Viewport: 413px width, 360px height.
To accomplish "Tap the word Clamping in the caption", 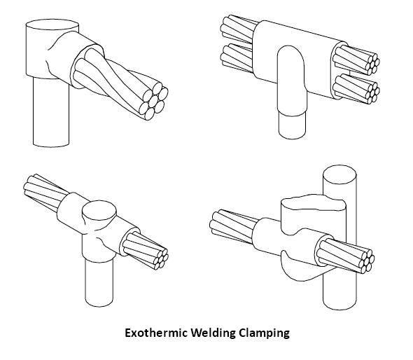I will pyautogui.click(x=263, y=333).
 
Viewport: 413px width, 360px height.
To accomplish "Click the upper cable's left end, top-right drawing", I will pyautogui.click(x=230, y=30).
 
